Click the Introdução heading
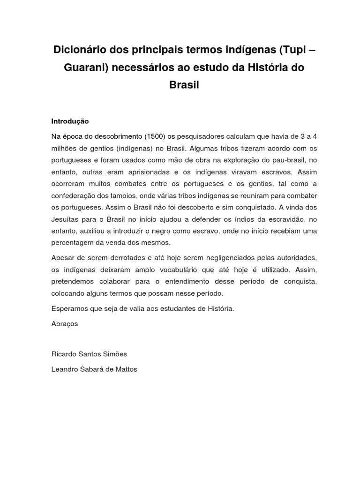(70, 121)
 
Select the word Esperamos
(69, 308)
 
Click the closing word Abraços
(65, 323)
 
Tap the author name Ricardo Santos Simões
(89, 354)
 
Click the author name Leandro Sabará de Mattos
(94, 369)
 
